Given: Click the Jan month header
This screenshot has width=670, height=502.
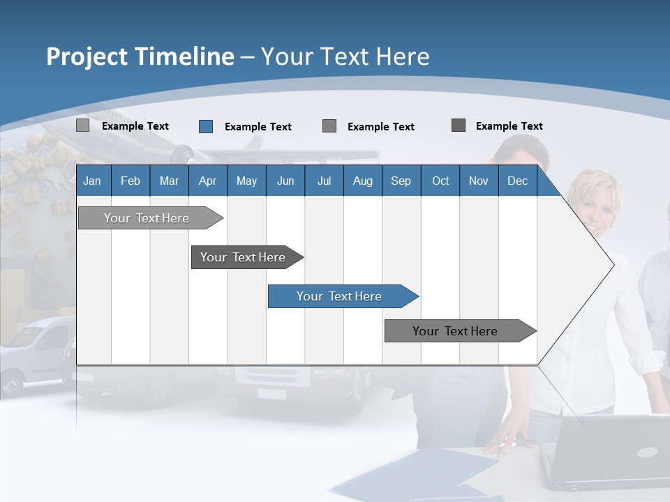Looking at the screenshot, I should (x=92, y=181).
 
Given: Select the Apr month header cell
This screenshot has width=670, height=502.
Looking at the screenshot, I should (x=207, y=181).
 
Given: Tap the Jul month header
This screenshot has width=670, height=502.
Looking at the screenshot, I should (x=324, y=181).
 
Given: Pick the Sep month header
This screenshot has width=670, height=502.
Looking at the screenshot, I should (x=401, y=181).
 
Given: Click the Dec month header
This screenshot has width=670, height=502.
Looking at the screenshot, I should (x=517, y=181).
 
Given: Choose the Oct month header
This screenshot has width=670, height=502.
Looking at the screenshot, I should (x=440, y=181).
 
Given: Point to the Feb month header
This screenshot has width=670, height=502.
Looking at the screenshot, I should (x=131, y=181).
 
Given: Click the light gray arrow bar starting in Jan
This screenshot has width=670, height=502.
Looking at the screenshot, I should (x=147, y=218).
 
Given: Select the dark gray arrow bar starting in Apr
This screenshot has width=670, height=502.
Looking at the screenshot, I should (x=244, y=257).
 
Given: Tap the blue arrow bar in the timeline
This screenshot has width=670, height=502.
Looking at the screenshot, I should (x=340, y=296).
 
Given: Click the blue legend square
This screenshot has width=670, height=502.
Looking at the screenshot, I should (x=205, y=126).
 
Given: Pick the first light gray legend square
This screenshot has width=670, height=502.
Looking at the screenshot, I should (x=82, y=125).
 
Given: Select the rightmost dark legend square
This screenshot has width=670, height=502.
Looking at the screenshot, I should (x=459, y=125).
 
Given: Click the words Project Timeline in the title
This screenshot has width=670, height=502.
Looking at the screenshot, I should (x=140, y=56).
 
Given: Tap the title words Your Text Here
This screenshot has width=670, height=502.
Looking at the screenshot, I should (x=345, y=56).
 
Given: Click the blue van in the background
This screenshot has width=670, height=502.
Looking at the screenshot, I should (x=35, y=352).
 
